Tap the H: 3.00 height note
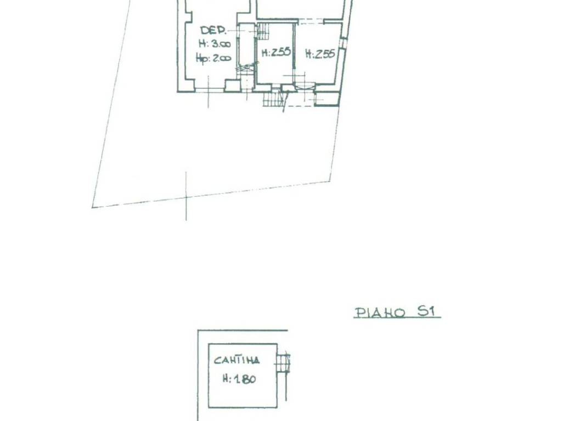[x=215, y=44]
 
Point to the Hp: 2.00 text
[x=213, y=58]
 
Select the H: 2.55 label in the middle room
[x=276, y=53]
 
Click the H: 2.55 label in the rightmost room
[x=320, y=54]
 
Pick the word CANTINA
[x=237, y=360]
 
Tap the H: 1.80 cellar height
[x=239, y=378]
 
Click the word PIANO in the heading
[x=379, y=312]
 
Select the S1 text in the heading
[x=426, y=311]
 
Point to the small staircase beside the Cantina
[x=283, y=363]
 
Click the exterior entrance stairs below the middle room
[x=271, y=99]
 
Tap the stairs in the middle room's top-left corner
[x=263, y=31]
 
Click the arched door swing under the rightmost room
[x=304, y=86]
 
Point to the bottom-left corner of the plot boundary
[x=92, y=207]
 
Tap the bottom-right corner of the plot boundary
[x=330, y=180]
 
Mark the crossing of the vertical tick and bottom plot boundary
[x=186, y=197]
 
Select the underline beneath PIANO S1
[x=397, y=317]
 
